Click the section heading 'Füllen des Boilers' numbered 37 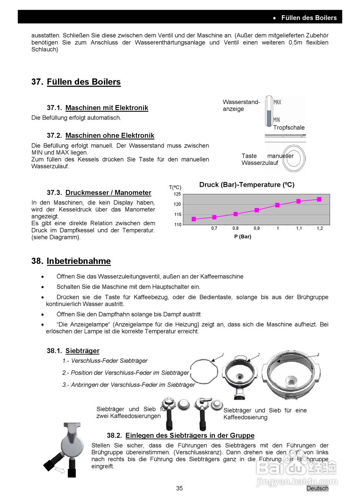(84, 82)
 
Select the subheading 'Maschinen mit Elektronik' (107, 108)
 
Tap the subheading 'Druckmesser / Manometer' (108, 193)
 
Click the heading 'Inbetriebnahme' (78, 261)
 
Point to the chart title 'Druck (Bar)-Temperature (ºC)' (247, 185)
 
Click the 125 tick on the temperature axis (177, 194)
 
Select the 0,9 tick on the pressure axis (256, 228)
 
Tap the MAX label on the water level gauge (277, 102)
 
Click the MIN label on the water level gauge (276, 120)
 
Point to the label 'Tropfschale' (289, 127)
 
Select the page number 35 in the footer (179, 488)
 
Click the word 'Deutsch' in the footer (317, 488)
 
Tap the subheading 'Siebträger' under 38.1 (82, 351)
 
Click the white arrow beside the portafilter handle (60, 470)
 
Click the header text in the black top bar (309, 18)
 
